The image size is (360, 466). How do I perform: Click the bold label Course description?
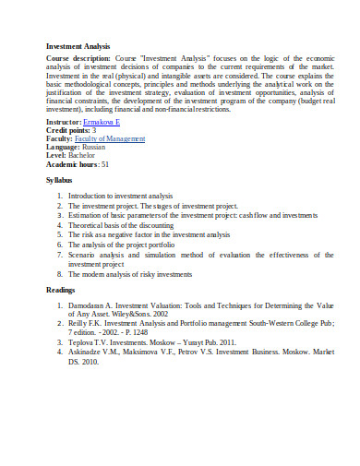click(x=78, y=57)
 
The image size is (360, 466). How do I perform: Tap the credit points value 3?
click(x=94, y=130)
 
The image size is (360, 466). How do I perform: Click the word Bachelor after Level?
click(x=85, y=155)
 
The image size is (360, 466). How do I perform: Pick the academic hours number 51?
click(x=105, y=164)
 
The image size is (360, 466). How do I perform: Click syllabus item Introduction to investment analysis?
click(x=120, y=197)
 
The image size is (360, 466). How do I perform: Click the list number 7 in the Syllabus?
click(x=59, y=254)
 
